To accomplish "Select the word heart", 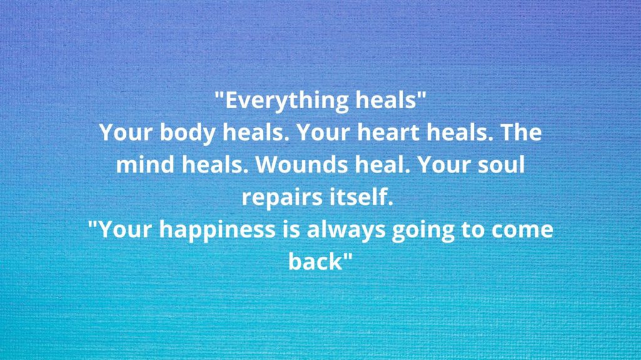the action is pyautogui.click(x=388, y=132).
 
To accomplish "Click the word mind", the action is pyautogui.click(x=145, y=164).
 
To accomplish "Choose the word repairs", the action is pyautogui.click(x=276, y=197).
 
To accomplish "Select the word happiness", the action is pyautogui.click(x=217, y=230).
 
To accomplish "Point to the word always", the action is pyautogui.click(x=346, y=230).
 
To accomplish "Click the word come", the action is pyautogui.click(x=522, y=230).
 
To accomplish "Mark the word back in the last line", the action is pyautogui.click(x=315, y=261).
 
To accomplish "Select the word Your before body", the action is pyautogui.click(x=125, y=132).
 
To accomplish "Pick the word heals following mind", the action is pyautogui.click(x=215, y=164).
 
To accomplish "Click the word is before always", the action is pyautogui.click(x=291, y=229).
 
